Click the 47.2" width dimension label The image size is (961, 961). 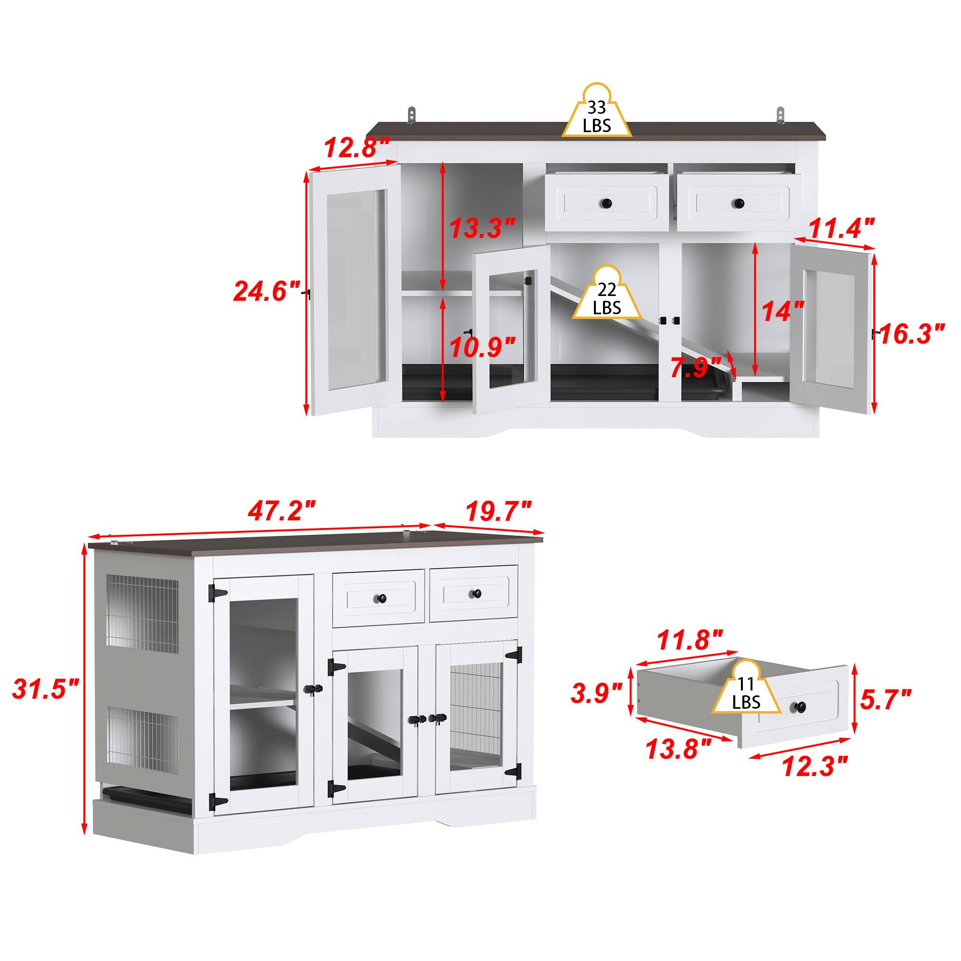(x=282, y=511)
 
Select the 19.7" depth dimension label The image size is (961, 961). (x=498, y=511)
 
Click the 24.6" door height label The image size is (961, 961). (x=267, y=291)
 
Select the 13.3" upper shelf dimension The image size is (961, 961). (x=482, y=228)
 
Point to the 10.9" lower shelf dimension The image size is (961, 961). (x=482, y=347)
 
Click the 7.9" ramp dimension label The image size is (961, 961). (x=695, y=368)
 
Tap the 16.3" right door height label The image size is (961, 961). (x=912, y=333)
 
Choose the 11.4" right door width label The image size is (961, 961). (x=842, y=228)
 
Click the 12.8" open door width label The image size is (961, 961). (x=357, y=147)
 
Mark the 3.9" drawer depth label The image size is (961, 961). (x=596, y=693)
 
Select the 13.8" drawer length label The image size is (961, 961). (x=678, y=763)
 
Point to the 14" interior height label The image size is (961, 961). (x=783, y=311)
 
